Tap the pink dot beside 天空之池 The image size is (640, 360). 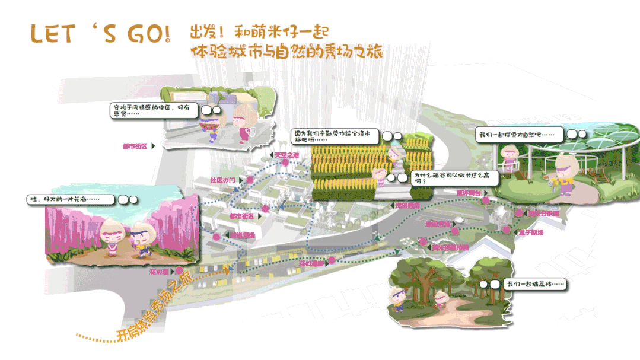[285, 161]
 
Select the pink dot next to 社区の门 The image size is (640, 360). [250, 179]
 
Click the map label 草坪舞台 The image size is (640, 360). [467, 193]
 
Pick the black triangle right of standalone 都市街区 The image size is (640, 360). [154, 146]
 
